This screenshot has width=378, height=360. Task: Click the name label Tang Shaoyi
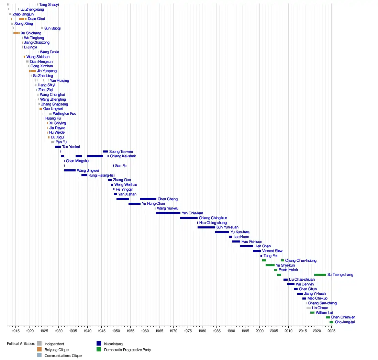point(49,5)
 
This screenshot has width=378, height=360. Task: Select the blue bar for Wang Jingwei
point(70,170)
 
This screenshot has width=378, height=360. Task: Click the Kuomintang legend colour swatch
point(99,344)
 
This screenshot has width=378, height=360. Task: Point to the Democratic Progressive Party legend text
point(127,350)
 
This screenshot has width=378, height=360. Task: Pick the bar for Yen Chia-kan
point(168,213)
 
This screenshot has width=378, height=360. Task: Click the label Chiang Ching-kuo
point(213,218)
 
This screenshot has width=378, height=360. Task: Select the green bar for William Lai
point(312,313)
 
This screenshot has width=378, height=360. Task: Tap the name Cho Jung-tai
point(345,322)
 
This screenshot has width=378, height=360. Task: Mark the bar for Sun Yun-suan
point(206,227)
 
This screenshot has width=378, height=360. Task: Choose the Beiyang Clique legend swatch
point(40,350)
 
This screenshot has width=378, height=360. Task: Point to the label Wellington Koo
point(65,114)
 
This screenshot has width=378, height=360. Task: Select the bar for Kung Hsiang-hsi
point(84,175)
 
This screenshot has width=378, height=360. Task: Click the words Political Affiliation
point(21,344)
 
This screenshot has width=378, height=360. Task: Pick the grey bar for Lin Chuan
point(309,308)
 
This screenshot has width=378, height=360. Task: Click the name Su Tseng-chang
point(340,275)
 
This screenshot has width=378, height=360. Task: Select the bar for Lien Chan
point(246,246)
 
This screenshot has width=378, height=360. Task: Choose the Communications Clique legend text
point(63,356)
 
